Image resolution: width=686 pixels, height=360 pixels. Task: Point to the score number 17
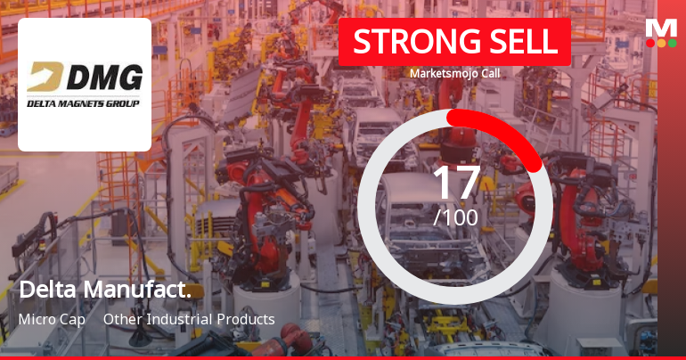point(455,183)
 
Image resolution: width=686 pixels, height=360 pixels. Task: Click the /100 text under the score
point(455,217)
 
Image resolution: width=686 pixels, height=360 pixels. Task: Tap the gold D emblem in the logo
point(43,80)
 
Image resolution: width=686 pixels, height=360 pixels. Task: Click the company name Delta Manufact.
point(105,290)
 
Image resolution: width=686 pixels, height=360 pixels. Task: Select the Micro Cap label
point(51,319)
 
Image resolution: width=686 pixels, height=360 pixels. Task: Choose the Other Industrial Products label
point(189,319)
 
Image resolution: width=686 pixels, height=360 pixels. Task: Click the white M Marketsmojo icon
point(661,27)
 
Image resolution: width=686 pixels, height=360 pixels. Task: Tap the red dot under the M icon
point(650,42)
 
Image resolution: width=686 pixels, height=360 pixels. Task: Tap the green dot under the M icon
point(672,42)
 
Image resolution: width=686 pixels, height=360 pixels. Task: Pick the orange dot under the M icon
point(661,42)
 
